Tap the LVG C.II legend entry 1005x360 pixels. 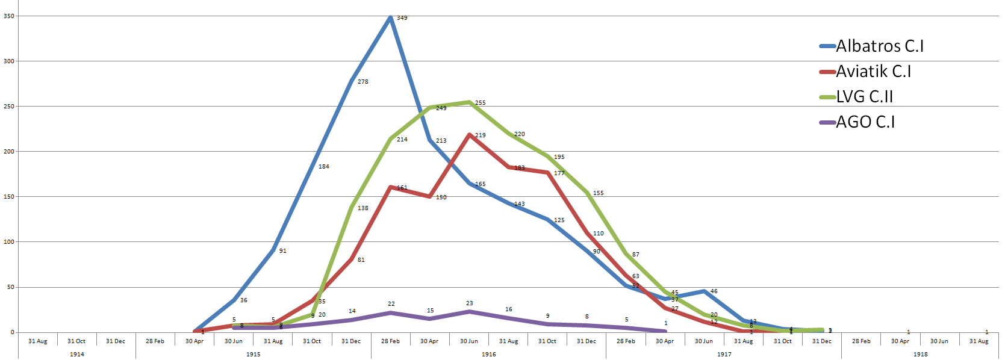[864, 97]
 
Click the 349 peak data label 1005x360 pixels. [402, 18]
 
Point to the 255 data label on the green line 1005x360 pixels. [480, 103]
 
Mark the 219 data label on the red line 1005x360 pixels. [480, 135]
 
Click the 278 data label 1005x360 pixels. [362, 82]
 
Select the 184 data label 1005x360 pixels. [323, 167]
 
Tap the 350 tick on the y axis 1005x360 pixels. [8, 16]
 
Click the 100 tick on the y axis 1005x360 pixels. [8, 242]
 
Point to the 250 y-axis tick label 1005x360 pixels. [8, 107]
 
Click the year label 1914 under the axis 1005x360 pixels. [76, 355]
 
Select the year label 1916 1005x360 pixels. [488, 355]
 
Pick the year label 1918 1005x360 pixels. [920, 355]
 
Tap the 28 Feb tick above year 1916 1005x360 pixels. [390, 341]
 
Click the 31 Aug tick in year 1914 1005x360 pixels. [37, 341]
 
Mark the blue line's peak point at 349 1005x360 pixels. [391, 17]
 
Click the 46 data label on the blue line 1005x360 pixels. [714, 291]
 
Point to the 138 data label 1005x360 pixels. [362, 208]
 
